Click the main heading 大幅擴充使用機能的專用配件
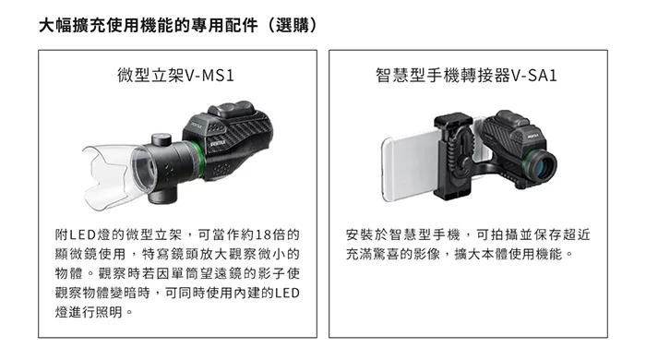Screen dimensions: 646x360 tap(149, 26)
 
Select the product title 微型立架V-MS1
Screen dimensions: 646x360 tap(176, 76)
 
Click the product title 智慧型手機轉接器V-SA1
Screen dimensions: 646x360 tap(466, 76)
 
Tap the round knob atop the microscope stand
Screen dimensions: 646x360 tap(161, 139)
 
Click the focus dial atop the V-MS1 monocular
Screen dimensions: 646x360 tap(231, 108)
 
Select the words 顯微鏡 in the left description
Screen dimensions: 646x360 tap(76, 254)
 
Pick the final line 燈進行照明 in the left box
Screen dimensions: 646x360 tap(89, 312)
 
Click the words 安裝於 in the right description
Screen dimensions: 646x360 tap(366, 234)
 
